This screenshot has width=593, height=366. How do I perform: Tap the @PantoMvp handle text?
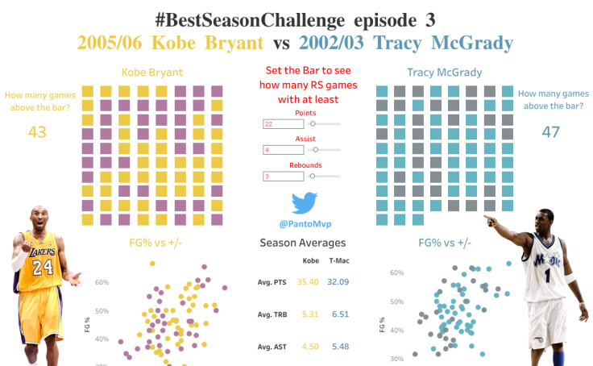pos(302,223)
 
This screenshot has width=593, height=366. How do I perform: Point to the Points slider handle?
pos(312,124)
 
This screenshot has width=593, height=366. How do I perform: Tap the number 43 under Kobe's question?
pos(37,132)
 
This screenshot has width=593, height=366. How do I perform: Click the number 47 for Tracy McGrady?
pos(550,132)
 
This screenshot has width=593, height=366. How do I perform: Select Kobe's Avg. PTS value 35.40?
pos(308,281)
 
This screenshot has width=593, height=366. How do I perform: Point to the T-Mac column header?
pos(339,261)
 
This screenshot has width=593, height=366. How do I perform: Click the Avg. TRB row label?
pos(273,314)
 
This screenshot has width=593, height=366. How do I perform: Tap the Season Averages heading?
pos(302,243)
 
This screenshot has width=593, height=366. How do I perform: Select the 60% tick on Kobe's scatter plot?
pos(102,283)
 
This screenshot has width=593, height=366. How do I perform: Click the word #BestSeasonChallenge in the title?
pos(228,18)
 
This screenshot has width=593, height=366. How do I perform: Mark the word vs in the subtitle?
pos(281,43)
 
